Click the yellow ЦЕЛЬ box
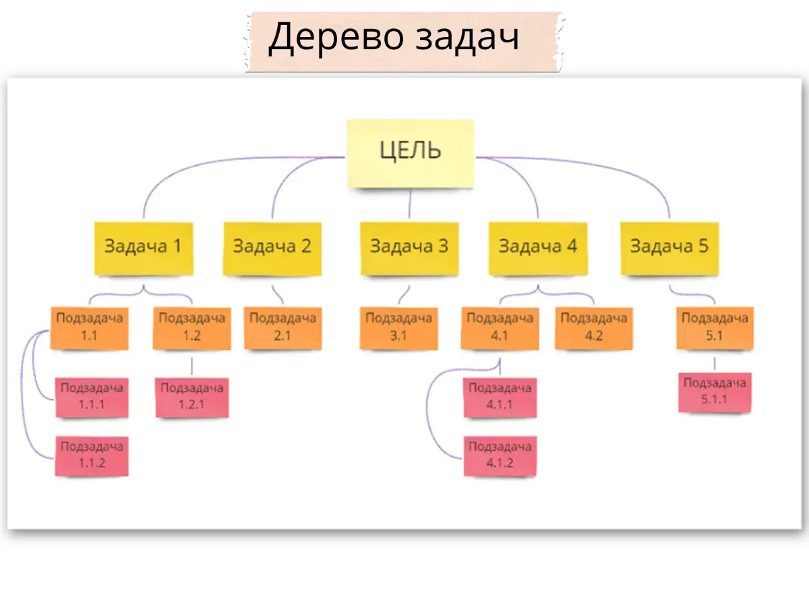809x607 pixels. tap(410, 153)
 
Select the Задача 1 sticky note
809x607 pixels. tap(144, 248)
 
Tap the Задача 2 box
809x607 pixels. tap(272, 248)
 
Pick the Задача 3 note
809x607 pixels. tap(409, 248)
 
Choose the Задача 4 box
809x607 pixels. tap(538, 248)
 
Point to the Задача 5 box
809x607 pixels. tap(669, 248)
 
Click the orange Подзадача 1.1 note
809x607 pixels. tap(90, 328)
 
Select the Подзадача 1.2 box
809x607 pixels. tap(191, 328)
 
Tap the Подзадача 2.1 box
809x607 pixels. tap(282, 328)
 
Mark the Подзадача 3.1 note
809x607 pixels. tap(398, 328)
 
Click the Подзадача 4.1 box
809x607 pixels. tap(500, 328)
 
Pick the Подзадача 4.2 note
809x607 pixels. tap(594, 328)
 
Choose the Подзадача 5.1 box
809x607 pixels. tap(715, 328)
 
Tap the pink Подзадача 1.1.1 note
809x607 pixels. tap(92, 397)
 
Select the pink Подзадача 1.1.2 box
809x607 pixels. tap(92, 455)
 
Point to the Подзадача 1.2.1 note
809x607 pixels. tap(192, 397)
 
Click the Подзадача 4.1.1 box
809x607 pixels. tap(500, 397)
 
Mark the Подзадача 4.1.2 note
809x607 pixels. tap(500, 455)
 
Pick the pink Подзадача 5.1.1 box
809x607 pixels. tap(715, 392)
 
